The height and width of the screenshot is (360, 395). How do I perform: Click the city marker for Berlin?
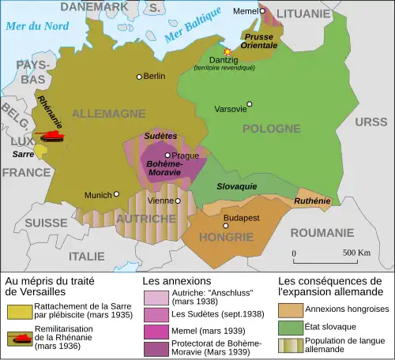click(x=139, y=77)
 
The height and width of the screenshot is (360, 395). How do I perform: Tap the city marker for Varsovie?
click(x=250, y=103)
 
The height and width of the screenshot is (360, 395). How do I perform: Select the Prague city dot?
click(x=167, y=156)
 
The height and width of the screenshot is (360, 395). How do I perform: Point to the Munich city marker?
click(x=116, y=193)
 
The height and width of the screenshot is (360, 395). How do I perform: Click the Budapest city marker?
click(x=226, y=225)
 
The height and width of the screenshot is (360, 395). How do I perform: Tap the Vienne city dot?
click(x=179, y=201)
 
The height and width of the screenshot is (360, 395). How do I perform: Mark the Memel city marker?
click(x=262, y=11)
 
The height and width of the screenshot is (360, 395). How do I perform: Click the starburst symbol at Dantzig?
click(x=228, y=51)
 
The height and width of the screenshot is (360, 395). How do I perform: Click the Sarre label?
click(x=21, y=155)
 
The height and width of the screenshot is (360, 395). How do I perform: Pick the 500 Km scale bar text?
click(x=356, y=253)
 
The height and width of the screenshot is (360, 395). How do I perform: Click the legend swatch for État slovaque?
click(x=289, y=325)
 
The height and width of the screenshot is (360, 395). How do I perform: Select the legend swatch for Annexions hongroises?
click(x=289, y=309)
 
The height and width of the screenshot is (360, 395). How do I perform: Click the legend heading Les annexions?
click(x=176, y=280)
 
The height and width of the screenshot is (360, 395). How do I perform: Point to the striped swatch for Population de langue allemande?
click(x=289, y=345)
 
